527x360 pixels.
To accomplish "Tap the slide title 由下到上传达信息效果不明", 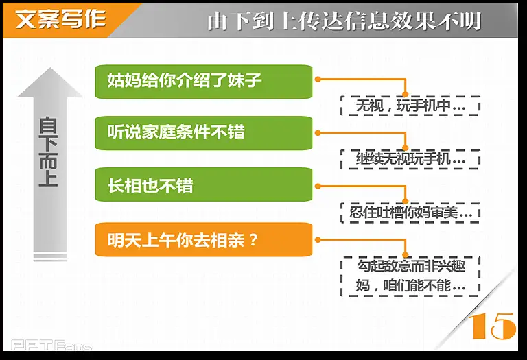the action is pos(344,21).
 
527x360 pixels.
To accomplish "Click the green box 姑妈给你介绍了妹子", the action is pos(204,82).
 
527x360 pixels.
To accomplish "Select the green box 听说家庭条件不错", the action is pos(204,133).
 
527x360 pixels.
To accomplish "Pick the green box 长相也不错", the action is pos(204,184).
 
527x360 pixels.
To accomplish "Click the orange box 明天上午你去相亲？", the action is pos(204,239).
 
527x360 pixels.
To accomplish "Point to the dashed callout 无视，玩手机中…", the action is pos(410,106).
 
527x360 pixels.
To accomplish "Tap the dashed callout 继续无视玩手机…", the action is pos(410,159).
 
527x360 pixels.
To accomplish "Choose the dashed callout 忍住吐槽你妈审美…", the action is pos(410,213).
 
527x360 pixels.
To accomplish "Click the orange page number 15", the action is pos(492,326).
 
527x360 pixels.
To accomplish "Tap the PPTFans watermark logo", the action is pos(51,346).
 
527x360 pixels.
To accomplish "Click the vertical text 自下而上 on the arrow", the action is pos(49,152).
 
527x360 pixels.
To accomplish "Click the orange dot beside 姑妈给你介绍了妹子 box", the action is pos(318,80).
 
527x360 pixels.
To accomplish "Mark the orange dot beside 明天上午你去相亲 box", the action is pos(318,240).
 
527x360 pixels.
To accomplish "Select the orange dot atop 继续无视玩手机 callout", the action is pos(406,147).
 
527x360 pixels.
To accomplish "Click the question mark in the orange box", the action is pos(253,240).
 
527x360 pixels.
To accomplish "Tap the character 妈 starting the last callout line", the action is pos(363,286).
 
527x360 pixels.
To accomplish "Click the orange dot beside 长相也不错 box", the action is pos(318,186).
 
